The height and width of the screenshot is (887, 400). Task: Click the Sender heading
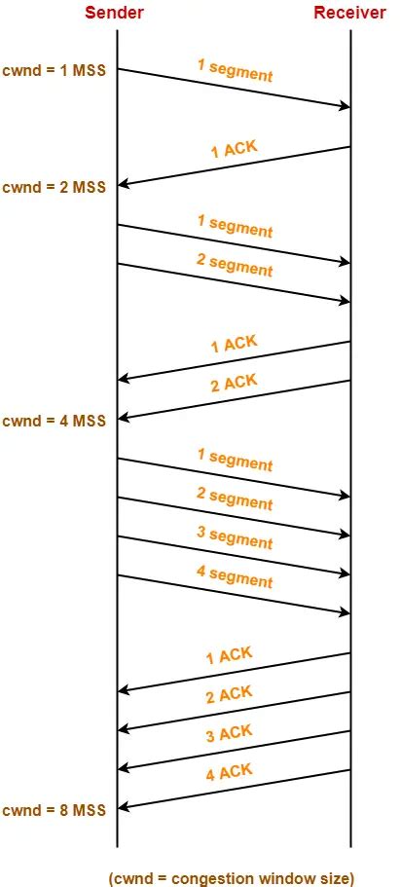click(x=117, y=13)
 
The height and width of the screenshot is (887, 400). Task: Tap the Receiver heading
click(x=349, y=13)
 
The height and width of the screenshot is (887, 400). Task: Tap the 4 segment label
click(x=235, y=577)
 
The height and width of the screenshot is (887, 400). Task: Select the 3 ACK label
click(x=230, y=733)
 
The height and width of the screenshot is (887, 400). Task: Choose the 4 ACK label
click(x=230, y=773)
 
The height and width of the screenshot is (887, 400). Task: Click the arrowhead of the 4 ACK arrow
click(x=122, y=807)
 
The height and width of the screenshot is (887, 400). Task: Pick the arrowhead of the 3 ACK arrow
click(x=122, y=768)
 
